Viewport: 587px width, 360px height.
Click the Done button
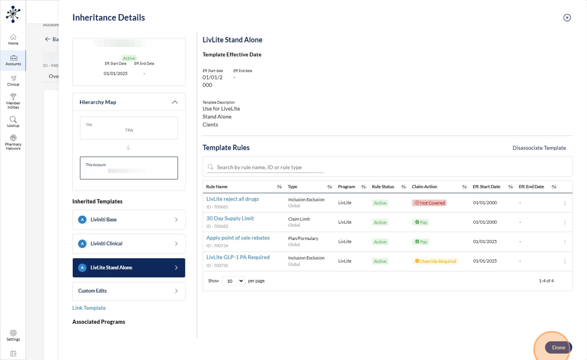(x=558, y=347)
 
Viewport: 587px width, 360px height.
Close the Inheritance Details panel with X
(x=567, y=18)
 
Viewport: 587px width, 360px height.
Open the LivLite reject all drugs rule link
(x=232, y=199)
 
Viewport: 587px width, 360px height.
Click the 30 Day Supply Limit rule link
(x=230, y=219)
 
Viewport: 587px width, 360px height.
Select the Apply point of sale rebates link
(x=238, y=238)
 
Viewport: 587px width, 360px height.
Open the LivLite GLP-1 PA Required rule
(x=238, y=257)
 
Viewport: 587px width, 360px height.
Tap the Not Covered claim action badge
(x=429, y=203)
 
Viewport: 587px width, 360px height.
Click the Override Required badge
(x=435, y=261)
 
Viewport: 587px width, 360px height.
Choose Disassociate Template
(x=539, y=148)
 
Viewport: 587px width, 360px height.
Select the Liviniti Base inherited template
(x=129, y=220)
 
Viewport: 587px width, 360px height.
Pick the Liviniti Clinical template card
(x=129, y=244)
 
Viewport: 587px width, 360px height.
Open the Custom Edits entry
(x=129, y=291)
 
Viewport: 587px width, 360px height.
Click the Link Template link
(x=89, y=308)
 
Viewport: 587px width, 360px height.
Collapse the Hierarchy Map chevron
(x=175, y=102)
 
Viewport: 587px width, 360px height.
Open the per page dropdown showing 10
(x=233, y=281)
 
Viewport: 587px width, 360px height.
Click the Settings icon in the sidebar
(x=13, y=335)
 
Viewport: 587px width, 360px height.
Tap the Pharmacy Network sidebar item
(x=13, y=142)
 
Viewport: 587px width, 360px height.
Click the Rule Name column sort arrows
(x=279, y=187)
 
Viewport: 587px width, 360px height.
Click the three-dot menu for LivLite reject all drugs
(x=564, y=203)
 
